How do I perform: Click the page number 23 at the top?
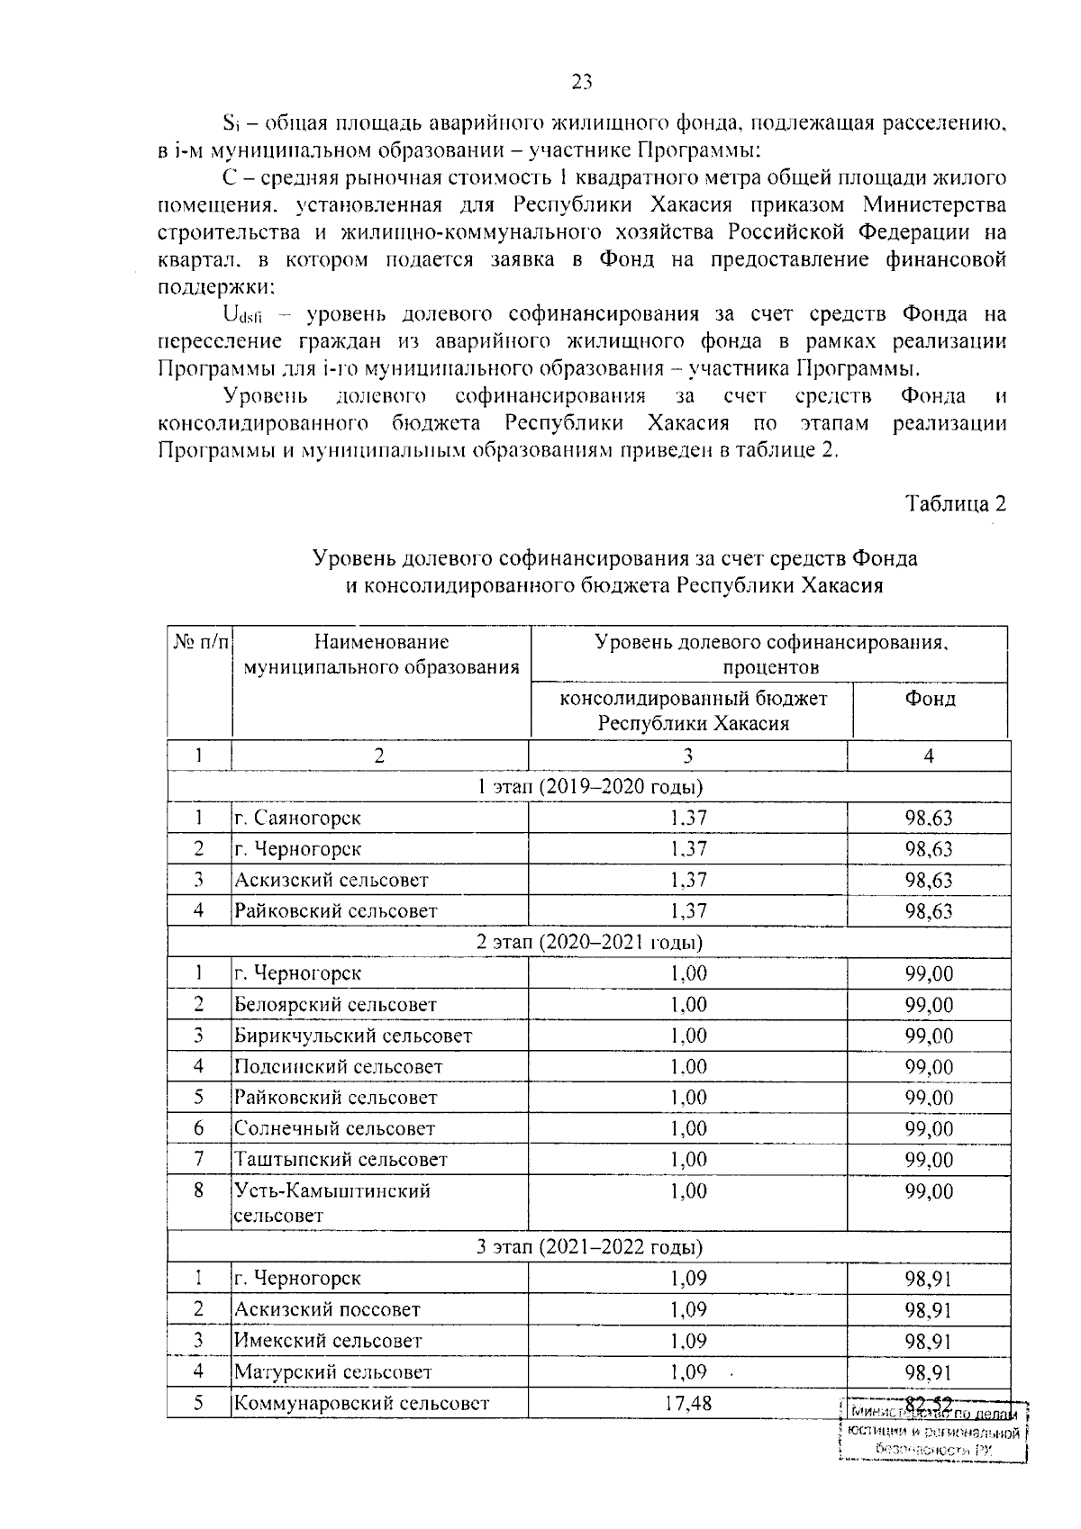click(582, 83)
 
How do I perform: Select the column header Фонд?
click(931, 699)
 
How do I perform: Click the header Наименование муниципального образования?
click(381, 655)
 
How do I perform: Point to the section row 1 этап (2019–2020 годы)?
click(589, 787)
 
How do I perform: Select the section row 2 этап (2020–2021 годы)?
click(589, 943)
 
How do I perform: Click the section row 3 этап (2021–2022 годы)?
click(589, 1248)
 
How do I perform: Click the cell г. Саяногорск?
click(298, 819)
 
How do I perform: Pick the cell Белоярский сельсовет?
click(335, 1005)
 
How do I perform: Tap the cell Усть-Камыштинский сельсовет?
click(332, 1203)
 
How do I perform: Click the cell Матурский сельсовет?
click(332, 1372)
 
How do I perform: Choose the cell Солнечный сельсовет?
click(334, 1129)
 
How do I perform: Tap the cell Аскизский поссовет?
click(327, 1310)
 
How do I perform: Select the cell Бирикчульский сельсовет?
click(352, 1036)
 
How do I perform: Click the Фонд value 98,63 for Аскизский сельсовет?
click(929, 881)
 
